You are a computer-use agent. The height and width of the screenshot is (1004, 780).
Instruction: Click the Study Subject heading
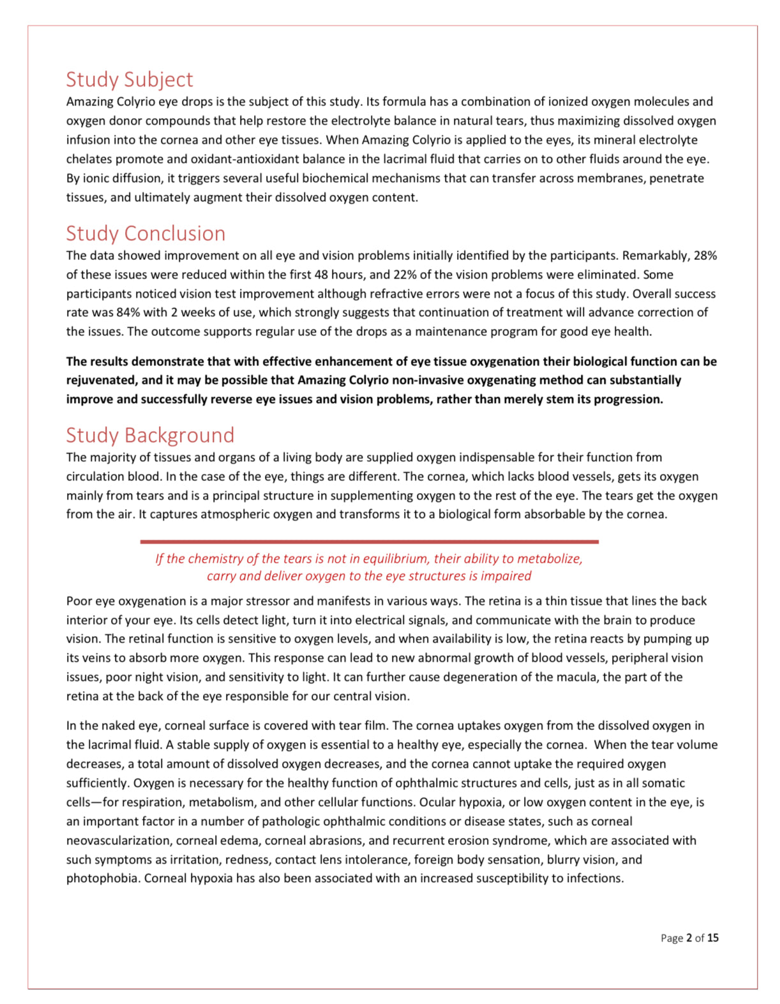(x=129, y=79)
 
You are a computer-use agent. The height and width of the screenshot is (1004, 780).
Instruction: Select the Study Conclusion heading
(x=146, y=233)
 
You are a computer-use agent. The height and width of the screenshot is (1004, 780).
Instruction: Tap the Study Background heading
(x=150, y=435)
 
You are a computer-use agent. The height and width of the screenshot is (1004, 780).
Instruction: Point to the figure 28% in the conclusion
(x=705, y=255)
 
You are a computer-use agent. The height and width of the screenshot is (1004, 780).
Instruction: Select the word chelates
(x=89, y=159)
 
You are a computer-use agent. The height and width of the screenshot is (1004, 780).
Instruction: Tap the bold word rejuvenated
(x=101, y=380)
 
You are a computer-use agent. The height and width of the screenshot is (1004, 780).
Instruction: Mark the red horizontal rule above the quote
(x=369, y=542)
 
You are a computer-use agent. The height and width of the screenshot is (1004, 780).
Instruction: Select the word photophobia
(x=103, y=878)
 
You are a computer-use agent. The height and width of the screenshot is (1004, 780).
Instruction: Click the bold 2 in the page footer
(x=689, y=938)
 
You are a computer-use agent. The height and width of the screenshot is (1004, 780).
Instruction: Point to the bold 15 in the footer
(x=712, y=938)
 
